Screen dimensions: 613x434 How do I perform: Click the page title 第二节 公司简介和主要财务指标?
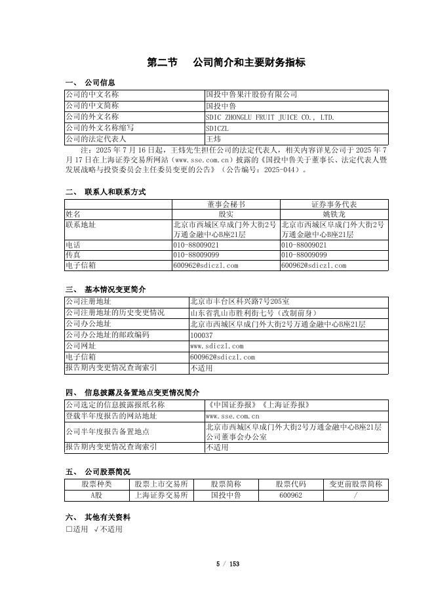tap(226, 63)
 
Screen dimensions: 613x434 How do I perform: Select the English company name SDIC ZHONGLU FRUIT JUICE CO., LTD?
tap(269, 117)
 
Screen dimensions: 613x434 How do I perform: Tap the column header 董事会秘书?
tap(226, 204)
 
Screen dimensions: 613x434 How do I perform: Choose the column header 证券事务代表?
tap(334, 204)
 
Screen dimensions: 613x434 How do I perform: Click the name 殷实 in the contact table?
tap(226, 214)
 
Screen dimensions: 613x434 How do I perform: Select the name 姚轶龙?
tap(334, 214)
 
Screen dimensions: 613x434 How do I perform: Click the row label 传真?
tap(73, 254)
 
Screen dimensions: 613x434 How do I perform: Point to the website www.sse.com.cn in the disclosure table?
tap(233, 416)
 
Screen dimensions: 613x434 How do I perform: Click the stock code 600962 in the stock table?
tap(290, 496)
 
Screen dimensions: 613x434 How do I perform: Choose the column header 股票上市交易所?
tap(161, 484)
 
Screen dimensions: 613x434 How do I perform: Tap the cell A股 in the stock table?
tap(97, 496)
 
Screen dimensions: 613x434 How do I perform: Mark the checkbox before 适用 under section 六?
tap(69, 529)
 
